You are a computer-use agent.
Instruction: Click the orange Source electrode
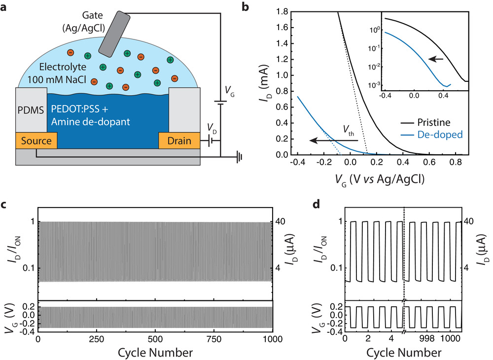pyautogui.click(x=36, y=141)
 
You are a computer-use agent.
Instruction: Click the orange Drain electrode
pyautogui.click(x=179, y=141)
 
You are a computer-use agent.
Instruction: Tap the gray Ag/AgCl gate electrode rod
pyautogui.click(x=114, y=34)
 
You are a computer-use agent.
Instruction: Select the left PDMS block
pyautogui.click(x=31, y=110)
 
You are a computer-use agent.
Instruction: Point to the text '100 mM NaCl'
pyautogui.click(x=57, y=79)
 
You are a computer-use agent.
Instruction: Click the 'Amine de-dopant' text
pyautogui.click(x=91, y=122)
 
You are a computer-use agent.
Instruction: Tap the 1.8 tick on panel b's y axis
pyautogui.click(x=282, y=12)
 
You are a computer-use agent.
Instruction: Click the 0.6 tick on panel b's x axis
pyautogui.click(x=429, y=162)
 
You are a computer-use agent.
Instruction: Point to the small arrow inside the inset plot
pyautogui.click(x=436, y=59)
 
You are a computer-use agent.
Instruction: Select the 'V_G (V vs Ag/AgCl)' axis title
pyautogui.click(x=380, y=180)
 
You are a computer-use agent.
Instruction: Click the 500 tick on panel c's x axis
pyautogui.click(x=155, y=339)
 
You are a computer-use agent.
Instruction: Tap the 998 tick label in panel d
pyautogui.click(x=427, y=338)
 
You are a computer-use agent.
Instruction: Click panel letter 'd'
pyautogui.click(x=317, y=205)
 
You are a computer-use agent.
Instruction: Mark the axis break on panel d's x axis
pyautogui.click(x=404, y=332)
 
